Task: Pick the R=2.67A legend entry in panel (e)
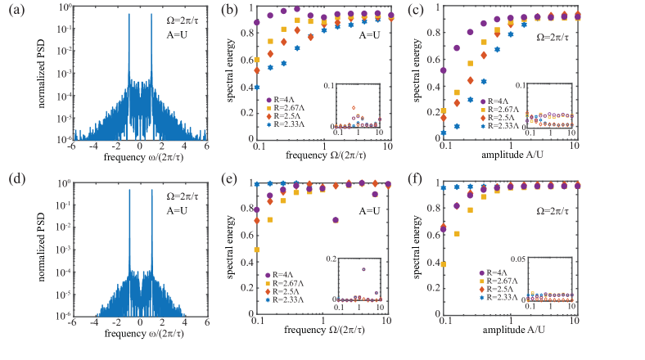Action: coord(285,283)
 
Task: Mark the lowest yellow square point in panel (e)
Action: coord(257,250)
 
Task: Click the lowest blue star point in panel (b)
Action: coord(257,87)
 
